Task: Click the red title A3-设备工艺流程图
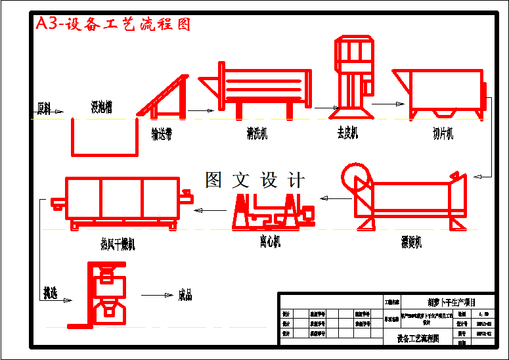[113, 24]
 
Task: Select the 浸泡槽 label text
[101, 106]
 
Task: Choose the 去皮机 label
[347, 133]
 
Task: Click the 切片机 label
[443, 133]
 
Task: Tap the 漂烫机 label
[412, 242]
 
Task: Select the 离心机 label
[269, 241]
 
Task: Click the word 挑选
[50, 293]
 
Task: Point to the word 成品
[185, 296]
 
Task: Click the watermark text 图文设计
[255, 180]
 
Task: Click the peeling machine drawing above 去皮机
[355, 76]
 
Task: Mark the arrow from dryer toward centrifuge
[211, 210]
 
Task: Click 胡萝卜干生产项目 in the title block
[451, 302]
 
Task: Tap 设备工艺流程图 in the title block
[418, 339]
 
